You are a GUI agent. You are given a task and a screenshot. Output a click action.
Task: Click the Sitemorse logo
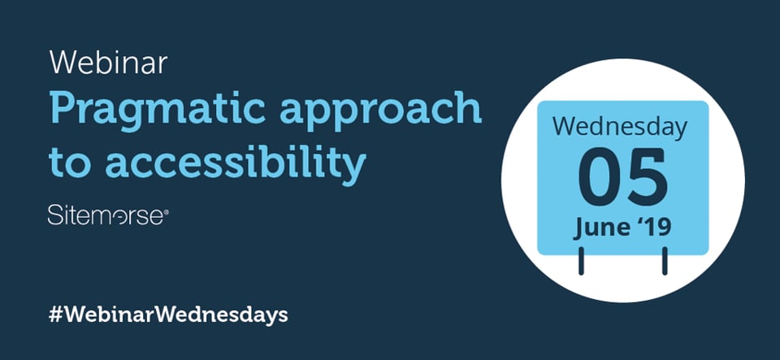[106, 215]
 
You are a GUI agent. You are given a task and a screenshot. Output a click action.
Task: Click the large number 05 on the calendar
[622, 177]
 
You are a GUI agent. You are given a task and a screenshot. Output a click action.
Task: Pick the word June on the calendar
[600, 227]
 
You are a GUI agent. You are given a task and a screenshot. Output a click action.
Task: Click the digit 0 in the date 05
[600, 177]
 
